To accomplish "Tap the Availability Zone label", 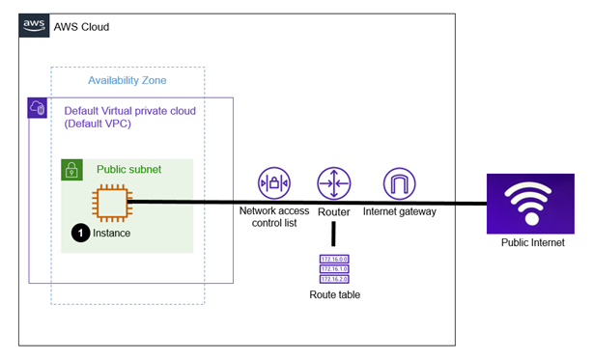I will click(127, 80).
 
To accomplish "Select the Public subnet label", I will click(128, 170).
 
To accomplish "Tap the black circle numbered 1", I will click(80, 233).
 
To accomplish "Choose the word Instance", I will click(111, 234).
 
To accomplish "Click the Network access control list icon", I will click(274, 183).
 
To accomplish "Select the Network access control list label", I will click(274, 217).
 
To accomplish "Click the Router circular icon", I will click(333, 183).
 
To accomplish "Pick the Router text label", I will click(333, 210).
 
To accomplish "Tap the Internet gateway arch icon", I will click(399, 183).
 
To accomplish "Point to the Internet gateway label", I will click(400, 210).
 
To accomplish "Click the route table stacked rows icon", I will click(333, 268).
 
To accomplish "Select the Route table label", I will click(334, 294).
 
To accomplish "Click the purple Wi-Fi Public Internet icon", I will click(529, 204).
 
